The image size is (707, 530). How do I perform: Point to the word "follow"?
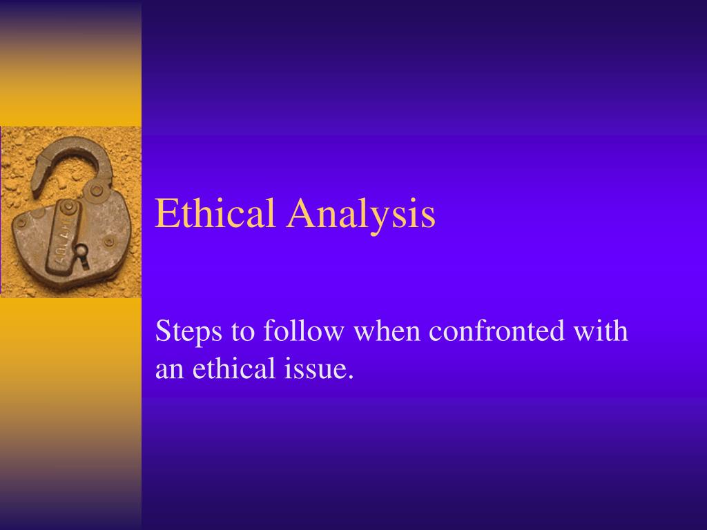point(303,331)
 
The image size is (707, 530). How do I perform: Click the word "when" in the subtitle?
point(387,331)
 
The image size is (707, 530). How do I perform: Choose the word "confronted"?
point(496,331)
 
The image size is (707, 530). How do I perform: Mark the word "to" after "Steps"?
point(242,333)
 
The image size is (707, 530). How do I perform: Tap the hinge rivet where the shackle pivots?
point(97,190)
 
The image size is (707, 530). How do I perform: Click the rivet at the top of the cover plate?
point(69,206)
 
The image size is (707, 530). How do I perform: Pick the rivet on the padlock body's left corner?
point(22,222)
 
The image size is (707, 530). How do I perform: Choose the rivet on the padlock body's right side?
point(109,242)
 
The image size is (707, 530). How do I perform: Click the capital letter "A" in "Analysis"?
point(302,213)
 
